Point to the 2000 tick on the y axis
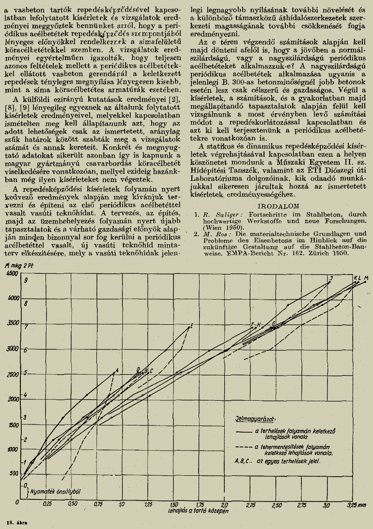[x=11, y=398]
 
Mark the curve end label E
[x=192, y=325]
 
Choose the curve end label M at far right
[x=366, y=278]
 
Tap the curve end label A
[x=117, y=371]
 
